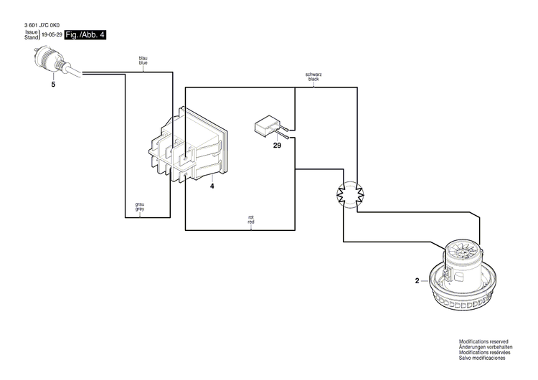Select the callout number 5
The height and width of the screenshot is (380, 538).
coord(52,85)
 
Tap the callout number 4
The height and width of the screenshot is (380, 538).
coord(212,186)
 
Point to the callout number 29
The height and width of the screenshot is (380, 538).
coord(277,146)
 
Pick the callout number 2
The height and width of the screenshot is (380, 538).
coord(416,281)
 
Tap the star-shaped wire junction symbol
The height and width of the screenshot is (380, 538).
coord(346,193)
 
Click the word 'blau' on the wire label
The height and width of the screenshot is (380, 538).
coord(143,59)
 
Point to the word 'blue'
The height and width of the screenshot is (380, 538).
coord(143,64)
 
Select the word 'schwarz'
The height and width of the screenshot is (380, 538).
coord(313,74)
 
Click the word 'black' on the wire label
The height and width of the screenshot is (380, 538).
coord(313,79)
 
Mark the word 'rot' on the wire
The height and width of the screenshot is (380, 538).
coord(251,218)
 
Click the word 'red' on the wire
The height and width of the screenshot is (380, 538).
coord(251,223)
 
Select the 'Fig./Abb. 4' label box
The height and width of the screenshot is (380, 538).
coord(85,35)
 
